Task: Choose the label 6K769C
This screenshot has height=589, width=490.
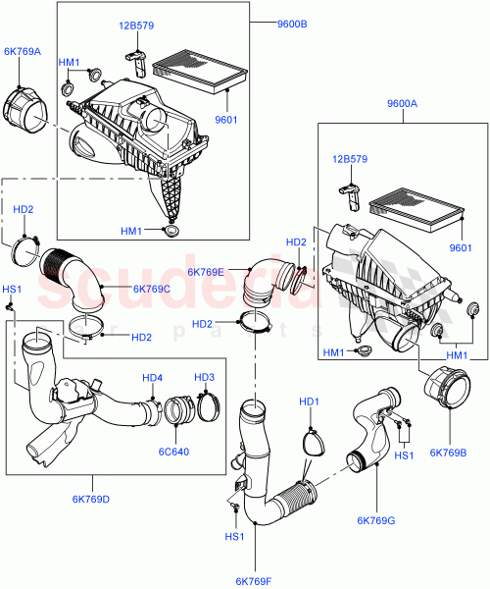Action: (151, 288)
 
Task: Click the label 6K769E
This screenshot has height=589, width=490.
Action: (206, 272)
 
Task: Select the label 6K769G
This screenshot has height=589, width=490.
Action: (376, 519)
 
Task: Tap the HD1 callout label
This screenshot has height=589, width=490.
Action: (310, 402)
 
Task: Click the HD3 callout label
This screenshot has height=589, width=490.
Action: (204, 377)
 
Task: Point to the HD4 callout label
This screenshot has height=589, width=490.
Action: (152, 377)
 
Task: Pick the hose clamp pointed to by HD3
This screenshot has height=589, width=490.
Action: (208, 405)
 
